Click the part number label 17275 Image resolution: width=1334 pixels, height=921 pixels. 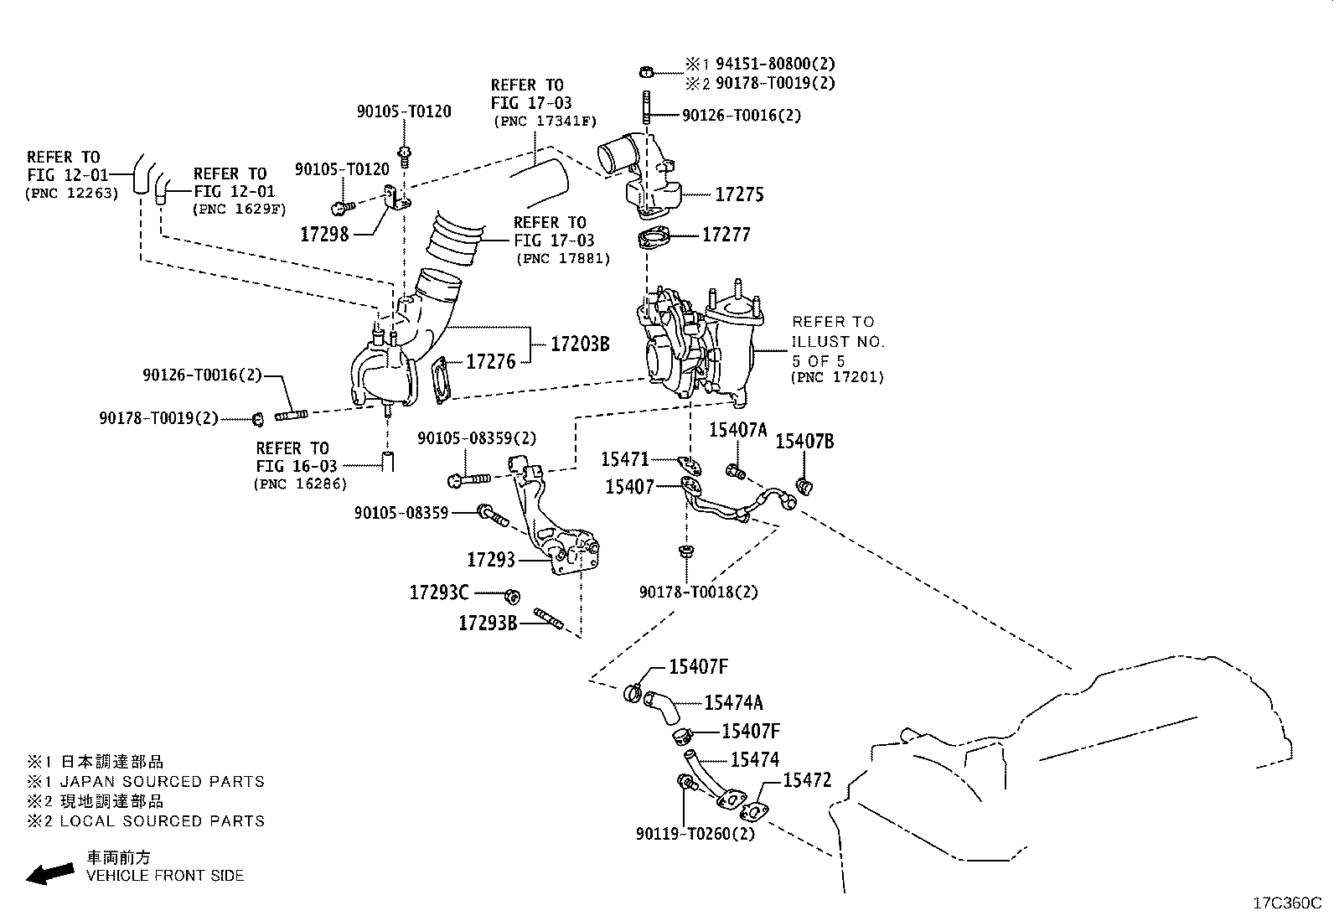coord(739,194)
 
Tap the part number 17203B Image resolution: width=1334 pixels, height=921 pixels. coord(580,344)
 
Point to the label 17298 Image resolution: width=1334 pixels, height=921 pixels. coord(324,234)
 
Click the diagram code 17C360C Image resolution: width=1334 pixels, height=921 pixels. coord(1287,903)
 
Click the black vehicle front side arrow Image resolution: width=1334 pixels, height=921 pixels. coord(49,873)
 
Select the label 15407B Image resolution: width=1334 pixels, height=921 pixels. coord(804,442)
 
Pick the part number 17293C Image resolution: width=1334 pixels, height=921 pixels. coord(439,592)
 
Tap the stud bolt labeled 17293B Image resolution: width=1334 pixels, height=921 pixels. coord(549,618)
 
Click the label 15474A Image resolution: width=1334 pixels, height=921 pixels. coord(733,703)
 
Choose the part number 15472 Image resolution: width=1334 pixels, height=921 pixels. coord(807,780)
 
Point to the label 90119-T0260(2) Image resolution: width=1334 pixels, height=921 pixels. coord(695,834)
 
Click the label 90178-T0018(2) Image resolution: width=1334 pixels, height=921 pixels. coord(699,592)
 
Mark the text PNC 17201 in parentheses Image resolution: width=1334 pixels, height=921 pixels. coord(837,377)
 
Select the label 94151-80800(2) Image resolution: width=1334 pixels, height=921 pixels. coord(775,63)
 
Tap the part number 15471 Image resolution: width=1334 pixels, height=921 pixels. coord(625,459)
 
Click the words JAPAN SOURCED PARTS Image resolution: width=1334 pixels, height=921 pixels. coord(162,781)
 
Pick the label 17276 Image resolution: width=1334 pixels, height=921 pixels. coord(491,361)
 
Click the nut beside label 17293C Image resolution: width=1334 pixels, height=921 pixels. coord(512,596)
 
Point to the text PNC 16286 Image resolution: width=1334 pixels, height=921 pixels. coord(300,484)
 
